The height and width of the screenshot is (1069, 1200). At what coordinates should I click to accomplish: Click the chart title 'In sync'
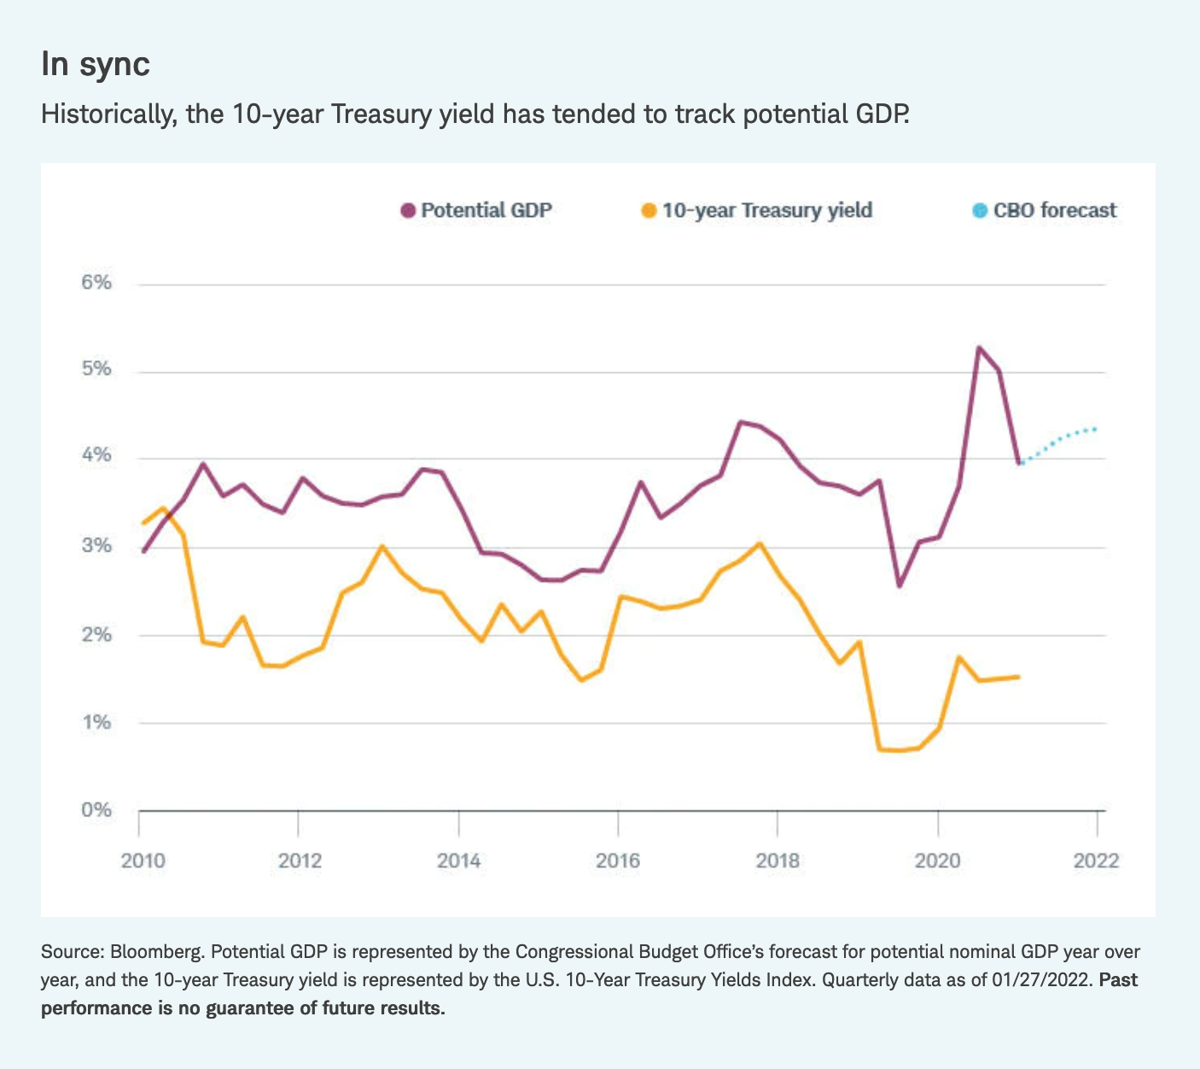click(96, 65)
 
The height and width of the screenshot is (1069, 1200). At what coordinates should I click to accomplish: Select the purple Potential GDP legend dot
click(407, 210)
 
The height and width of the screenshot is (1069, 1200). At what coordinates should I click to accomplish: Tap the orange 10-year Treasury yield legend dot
click(649, 210)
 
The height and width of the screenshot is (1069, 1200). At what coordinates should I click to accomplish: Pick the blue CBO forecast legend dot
click(979, 210)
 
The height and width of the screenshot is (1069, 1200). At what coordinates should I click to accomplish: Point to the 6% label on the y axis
click(96, 283)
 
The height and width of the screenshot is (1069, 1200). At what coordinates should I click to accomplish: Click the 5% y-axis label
click(96, 370)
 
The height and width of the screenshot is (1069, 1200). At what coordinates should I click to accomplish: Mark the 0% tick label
click(96, 809)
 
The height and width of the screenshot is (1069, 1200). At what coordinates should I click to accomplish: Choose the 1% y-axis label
click(96, 722)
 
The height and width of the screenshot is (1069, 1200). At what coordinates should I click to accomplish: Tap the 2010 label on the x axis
click(138, 861)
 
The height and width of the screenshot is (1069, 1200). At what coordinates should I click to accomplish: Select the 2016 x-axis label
click(617, 861)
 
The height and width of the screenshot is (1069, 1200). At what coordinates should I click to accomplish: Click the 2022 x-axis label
click(1096, 861)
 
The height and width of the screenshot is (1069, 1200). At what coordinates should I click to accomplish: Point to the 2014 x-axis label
click(458, 861)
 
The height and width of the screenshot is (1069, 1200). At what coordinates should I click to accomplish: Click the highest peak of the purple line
click(978, 348)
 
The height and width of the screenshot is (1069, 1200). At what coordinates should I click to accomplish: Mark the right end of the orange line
click(1018, 677)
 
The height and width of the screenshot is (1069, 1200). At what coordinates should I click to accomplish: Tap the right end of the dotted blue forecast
click(1095, 429)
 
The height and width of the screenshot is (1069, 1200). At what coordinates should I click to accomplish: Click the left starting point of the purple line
click(143, 552)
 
